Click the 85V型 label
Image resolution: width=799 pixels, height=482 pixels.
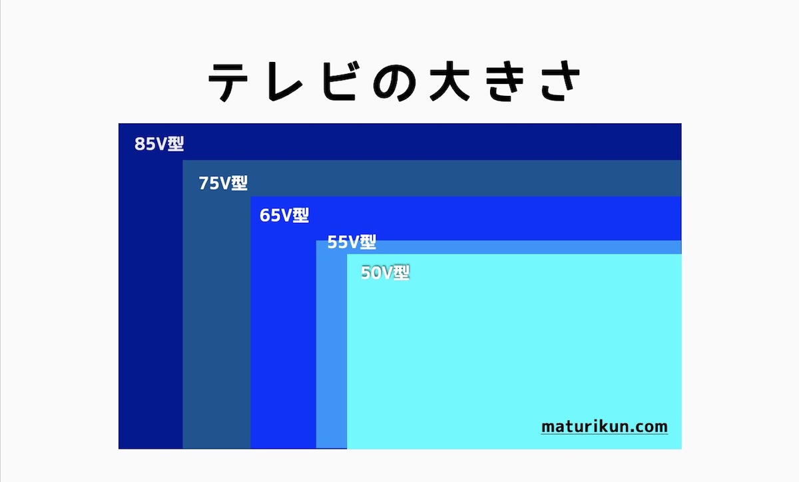coord(159,144)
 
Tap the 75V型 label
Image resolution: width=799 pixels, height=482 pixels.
coord(223,183)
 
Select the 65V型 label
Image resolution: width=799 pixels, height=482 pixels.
coord(284,216)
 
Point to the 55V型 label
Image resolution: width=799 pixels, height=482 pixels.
coord(352,242)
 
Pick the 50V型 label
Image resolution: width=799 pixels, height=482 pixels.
coord(386,273)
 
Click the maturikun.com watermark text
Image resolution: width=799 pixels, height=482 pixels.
coord(605,427)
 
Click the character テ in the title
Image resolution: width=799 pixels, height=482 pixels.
coord(228,83)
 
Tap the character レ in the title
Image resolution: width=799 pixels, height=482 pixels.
coord(285,83)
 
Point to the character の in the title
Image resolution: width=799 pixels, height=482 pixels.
coord(394,83)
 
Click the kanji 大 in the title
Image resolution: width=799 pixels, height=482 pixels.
coord(449,81)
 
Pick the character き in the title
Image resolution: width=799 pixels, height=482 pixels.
coord(505,81)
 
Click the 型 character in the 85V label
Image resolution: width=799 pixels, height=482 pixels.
coord(176,144)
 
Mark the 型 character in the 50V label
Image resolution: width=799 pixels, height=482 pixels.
coord(401,273)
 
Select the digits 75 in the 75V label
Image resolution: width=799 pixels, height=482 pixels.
coord(208,183)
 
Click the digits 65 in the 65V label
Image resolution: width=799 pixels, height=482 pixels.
coord(270,216)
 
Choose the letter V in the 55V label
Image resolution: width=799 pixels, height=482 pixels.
coord(354,242)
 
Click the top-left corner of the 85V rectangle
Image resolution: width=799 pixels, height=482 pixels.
coord(119,123)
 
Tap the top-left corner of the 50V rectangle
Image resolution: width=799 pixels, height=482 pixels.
coord(347,254)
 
